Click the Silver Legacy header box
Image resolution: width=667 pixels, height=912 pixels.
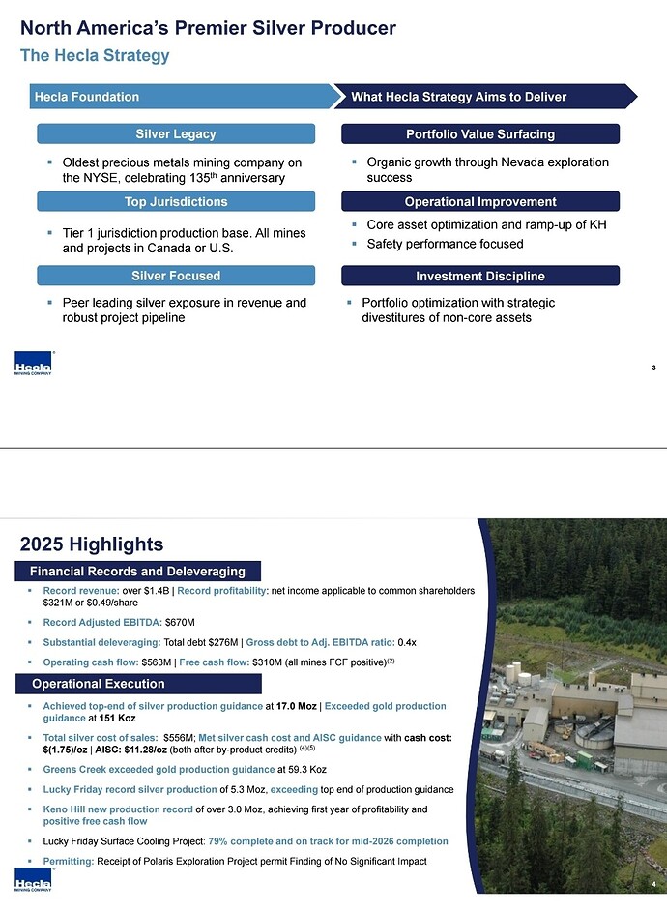176,133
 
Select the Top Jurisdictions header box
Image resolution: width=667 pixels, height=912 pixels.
176,201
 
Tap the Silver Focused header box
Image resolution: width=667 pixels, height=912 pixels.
176,276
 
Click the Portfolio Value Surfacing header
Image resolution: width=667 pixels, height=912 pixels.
479,133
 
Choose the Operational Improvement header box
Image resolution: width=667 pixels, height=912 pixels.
479,201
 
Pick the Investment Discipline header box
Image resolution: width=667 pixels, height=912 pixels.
479,277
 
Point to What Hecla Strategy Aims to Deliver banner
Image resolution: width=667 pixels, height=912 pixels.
483,97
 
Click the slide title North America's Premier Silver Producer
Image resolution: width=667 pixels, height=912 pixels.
208,28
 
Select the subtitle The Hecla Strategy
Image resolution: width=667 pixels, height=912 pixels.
95,55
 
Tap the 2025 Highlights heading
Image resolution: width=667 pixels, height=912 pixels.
92,544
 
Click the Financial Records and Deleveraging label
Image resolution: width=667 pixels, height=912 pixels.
137,572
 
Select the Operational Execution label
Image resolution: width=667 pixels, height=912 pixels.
98,684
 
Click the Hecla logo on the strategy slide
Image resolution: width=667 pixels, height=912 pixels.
32,368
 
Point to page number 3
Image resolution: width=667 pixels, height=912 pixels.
654,368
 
